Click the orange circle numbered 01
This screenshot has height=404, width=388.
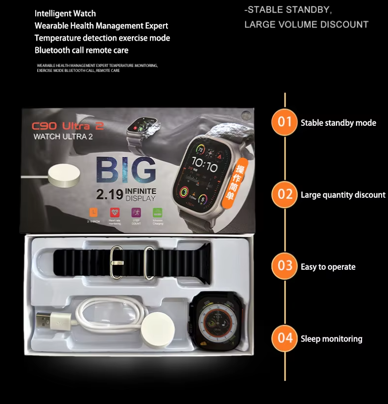pyautogui.click(x=285, y=122)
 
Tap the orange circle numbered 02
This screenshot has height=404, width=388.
pyautogui.click(x=285, y=194)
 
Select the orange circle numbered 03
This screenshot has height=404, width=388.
pyautogui.click(x=285, y=266)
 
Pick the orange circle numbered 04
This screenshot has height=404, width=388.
pyautogui.click(x=285, y=338)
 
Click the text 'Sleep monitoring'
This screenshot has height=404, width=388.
pyautogui.click(x=331, y=339)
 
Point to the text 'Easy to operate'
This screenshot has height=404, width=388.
pyautogui.click(x=328, y=267)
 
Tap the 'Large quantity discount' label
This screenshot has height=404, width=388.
pyautogui.click(x=343, y=195)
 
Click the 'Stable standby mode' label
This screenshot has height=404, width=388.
pyautogui.click(x=338, y=123)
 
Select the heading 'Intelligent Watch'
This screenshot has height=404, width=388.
pyautogui.click(x=65, y=13)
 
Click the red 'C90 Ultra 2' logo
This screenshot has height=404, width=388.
pyautogui.click(x=68, y=126)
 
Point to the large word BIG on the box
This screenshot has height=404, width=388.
pyautogui.click(x=126, y=169)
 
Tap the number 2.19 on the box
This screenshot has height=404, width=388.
pyautogui.click(x=109, y=195)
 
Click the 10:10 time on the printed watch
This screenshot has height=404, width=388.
pyautogui.click(x=205, y=164)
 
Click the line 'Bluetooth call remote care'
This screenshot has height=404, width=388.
pyautogui.click(x=81, y=50)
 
